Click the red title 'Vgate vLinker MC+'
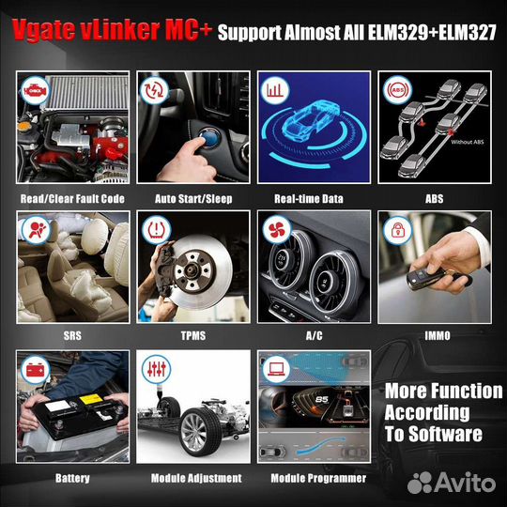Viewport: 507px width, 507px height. (106, 31)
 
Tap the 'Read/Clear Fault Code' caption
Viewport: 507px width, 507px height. (72, 199)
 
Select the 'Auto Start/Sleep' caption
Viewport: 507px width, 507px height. (193, 199)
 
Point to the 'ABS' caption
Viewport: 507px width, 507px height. (434, 199)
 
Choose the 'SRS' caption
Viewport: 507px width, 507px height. (72, 334)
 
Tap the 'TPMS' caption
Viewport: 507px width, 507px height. (193, 334)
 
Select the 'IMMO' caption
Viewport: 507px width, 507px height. (434, 334)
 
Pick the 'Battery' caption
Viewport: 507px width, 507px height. (72, 478)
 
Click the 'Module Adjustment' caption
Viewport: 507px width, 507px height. (193, 478)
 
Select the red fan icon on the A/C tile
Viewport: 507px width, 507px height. (273, 229)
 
